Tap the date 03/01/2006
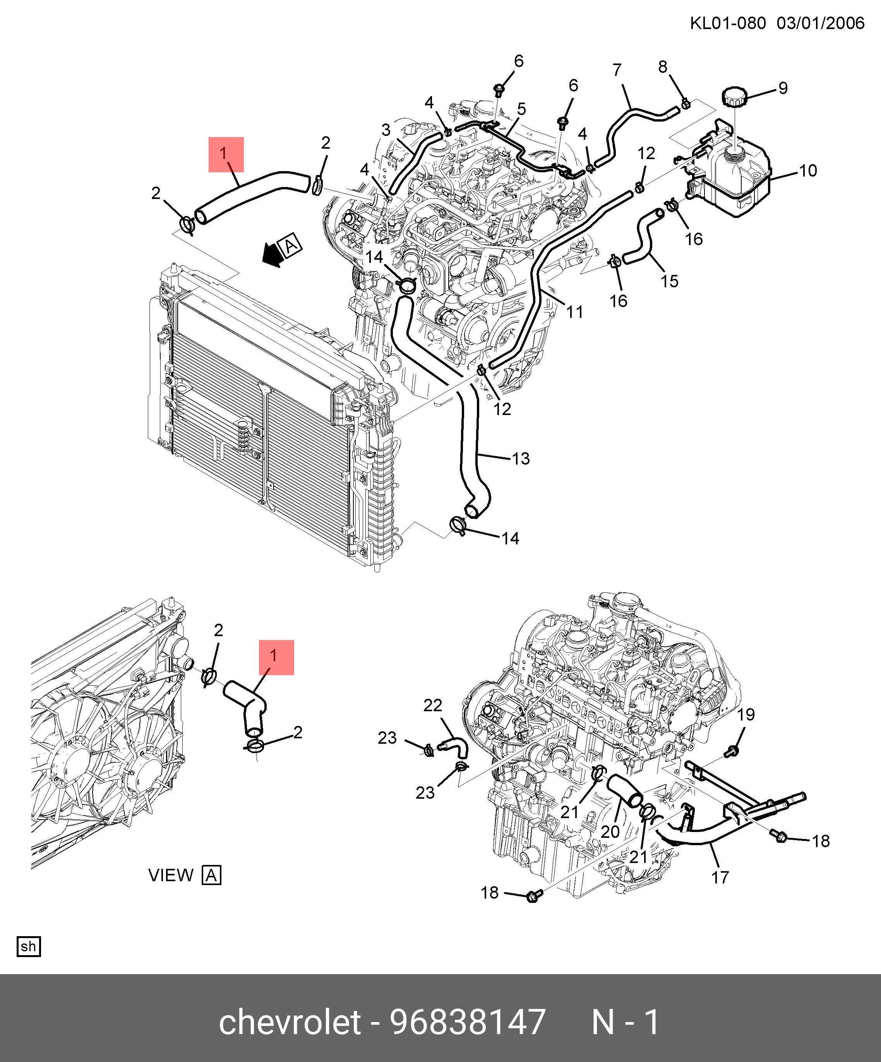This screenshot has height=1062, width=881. click(820, 23)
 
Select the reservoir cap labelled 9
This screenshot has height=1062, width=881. click(734, 96)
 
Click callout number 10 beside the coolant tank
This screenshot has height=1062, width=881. click(808, 171)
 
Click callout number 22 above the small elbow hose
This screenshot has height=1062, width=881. click(432, 705)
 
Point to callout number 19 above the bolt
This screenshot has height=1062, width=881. click(746, 715)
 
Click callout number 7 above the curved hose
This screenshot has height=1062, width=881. click(617, 70)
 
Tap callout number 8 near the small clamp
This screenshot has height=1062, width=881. click(663, 67)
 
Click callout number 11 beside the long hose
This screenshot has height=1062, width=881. click(574, 312)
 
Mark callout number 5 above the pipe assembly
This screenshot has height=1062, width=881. click(521, 109)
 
